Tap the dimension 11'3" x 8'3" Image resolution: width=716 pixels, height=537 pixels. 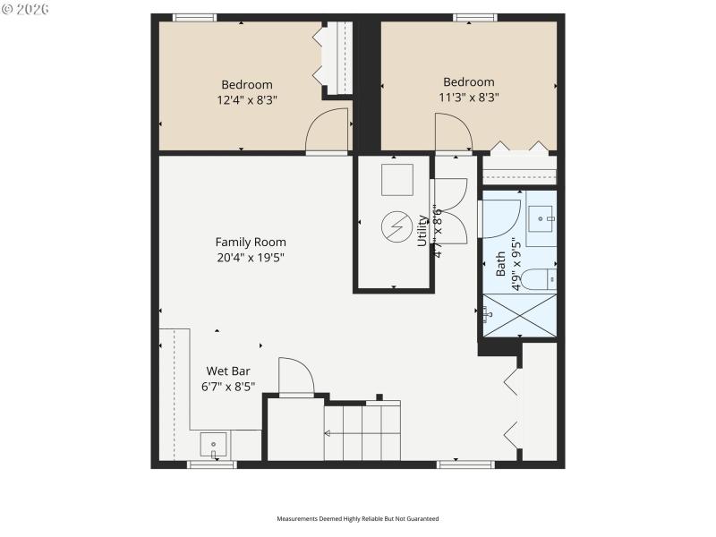[468, 98]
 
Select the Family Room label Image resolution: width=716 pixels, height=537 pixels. [251, 242]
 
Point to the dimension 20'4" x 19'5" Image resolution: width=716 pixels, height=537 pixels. [251, 257]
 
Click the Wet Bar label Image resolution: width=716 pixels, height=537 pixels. [228, 371]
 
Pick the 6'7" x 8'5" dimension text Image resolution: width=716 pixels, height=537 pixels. [228, 387]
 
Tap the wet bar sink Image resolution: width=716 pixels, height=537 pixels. [214, 443]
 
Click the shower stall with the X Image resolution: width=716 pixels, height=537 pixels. [519, 315]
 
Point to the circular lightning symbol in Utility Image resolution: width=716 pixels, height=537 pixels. [395, 226]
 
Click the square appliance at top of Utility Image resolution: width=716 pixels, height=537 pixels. [396, 180]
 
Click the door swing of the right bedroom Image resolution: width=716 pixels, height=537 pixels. [452, 133]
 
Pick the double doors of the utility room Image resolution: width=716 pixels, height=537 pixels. [449, 210]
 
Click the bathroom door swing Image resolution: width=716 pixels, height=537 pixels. [500, 218]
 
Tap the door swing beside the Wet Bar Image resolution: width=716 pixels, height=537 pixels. [295, 376]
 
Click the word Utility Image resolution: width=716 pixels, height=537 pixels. [423, 230]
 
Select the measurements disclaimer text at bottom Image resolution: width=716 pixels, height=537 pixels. [357, 519]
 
